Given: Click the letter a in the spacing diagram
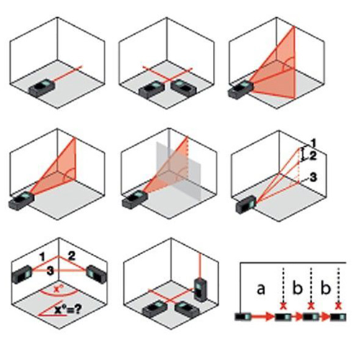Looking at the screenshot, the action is (x=261, y=289).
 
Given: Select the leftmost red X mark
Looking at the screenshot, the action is (x=284, y=306).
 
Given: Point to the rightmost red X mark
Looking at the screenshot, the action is (x=338, y=306).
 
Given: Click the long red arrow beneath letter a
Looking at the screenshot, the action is (x=262, y=317).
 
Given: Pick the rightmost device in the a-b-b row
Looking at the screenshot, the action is (x=338, y=317).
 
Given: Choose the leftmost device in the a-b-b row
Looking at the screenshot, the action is (x=243, y=317).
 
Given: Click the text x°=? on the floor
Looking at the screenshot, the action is (x=68, y=310).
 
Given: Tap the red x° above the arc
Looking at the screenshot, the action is (x=57, y=289).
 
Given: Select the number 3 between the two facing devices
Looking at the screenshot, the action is (x=50, y=271).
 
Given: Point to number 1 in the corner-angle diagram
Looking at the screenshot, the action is (x=42, y=257).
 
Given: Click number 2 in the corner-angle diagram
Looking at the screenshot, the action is (x=71, y=256).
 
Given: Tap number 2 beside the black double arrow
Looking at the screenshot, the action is (x=312, y=156).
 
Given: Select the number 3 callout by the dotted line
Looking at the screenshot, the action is (x=313, y=177).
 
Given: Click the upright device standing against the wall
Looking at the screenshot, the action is (x=200, y=289).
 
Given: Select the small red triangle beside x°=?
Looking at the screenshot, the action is (x=51, y=309).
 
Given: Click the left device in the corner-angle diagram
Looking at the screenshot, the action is (x=22, y=274).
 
